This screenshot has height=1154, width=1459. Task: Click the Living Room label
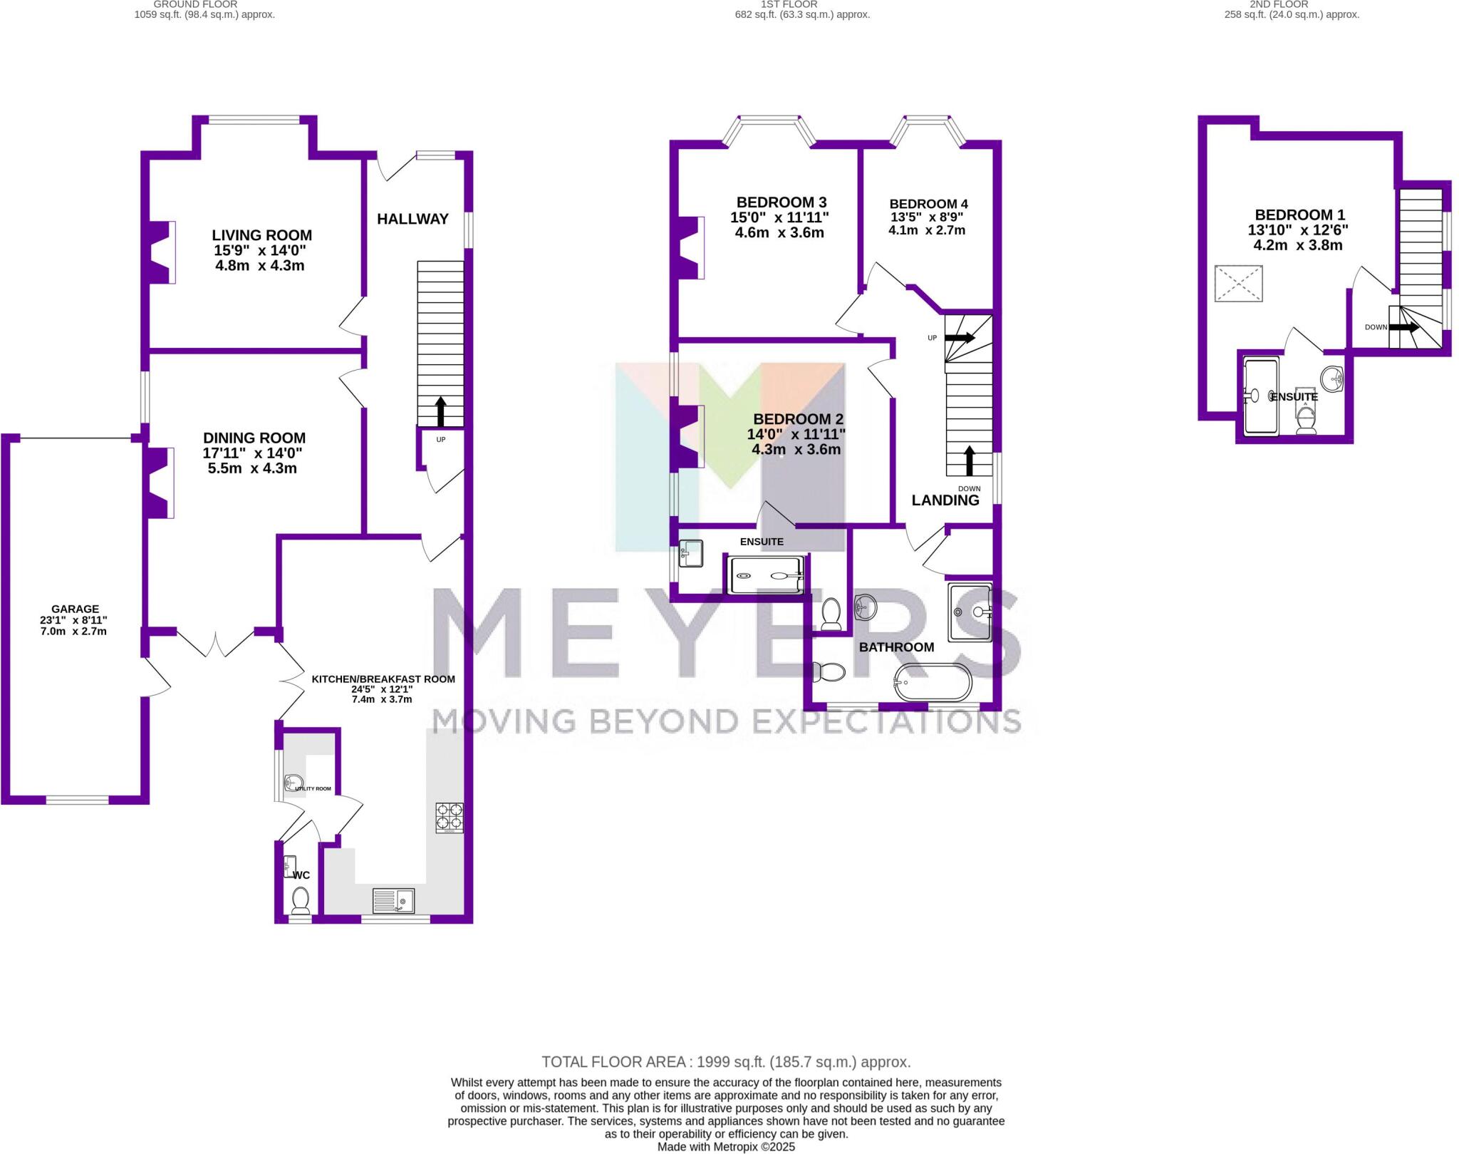pos(261,235)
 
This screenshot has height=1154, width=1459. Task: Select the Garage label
pos(75,609)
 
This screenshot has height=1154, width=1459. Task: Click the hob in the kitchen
pos(449,818)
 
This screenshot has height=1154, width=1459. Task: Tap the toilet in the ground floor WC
pos(301,900)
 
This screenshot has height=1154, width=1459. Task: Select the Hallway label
pos(412,219)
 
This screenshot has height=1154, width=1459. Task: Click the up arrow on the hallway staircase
pos(440,411)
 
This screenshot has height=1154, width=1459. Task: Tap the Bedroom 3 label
pos(781,202)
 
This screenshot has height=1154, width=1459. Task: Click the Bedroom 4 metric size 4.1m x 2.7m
pos(927,230)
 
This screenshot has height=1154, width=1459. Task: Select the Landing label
pos(945,500)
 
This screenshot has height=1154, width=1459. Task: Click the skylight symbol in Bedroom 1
pos(1238,284)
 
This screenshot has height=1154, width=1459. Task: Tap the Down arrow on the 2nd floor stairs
pos(1403,328)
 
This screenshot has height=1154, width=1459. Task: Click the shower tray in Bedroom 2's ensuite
pos(764,575)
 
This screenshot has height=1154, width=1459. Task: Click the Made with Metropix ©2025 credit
pos(726,1147)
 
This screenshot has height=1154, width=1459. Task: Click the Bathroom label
pos(896,647)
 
